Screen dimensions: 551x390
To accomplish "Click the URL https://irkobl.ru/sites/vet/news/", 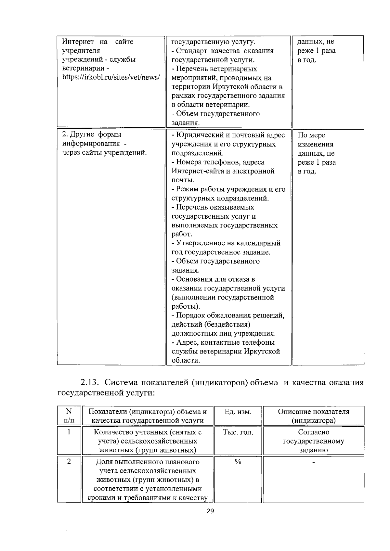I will point(111,78).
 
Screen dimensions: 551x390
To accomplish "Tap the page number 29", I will point(210,511).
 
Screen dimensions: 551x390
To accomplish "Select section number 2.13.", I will point(91,382).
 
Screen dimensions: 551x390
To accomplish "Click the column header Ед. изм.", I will point(238,412).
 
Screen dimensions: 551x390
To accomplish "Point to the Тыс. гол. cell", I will point(238,432).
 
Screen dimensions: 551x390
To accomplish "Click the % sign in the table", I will point(238,462).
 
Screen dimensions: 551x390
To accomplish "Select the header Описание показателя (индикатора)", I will point(313,416).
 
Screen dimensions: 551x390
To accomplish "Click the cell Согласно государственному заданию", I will point(313,441).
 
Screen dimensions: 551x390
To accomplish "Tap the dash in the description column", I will point(313,462).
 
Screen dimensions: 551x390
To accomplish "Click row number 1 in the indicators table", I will point(69,432).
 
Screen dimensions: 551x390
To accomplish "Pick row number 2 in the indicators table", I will point(69,462).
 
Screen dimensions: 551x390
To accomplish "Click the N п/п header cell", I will point(69,416).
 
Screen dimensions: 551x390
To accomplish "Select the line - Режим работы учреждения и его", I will point(228,189).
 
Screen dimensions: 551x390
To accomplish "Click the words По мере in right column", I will point(311,135).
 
